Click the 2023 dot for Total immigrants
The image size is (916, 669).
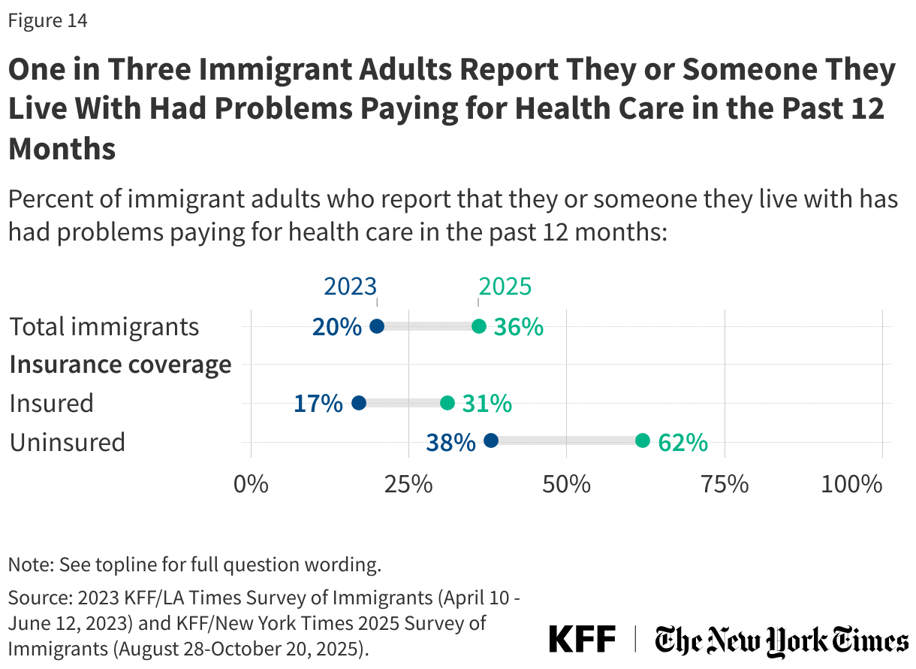click(377, 326)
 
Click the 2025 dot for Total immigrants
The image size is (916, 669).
click(478, 326)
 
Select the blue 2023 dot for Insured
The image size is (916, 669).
click(358, 403)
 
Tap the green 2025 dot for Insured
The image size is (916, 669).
click(447, 403)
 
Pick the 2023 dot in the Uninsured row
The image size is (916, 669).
click(491, 440)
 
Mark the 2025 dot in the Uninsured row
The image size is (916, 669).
click(643, 440)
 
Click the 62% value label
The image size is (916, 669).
click(682, 442)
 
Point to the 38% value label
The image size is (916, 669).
click(450, 442)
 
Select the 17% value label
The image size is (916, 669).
click(318, 404)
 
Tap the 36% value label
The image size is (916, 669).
click(518, 327)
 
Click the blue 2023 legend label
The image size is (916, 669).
click(350, 286)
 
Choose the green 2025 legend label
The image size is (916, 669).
click(505, 286)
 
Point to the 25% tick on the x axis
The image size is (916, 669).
click(408, 484)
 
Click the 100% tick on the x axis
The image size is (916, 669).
click(851, 484)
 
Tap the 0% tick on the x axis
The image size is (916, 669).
click(251, 484)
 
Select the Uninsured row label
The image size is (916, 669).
click(68, 442)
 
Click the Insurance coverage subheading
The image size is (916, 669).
click(120, 365)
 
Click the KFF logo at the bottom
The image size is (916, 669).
click(582, 639)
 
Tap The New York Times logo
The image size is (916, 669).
click(781, 640)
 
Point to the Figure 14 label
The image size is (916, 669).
click(48, 21)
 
